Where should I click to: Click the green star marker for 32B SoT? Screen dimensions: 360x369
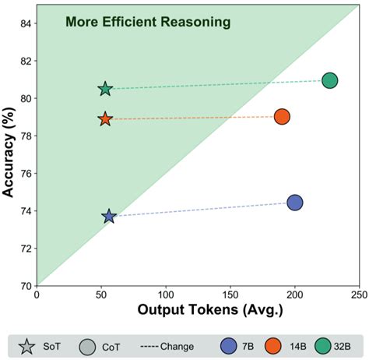[106, 89]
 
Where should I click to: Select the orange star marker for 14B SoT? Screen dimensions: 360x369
[105, 119]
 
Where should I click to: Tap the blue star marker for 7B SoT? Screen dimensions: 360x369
[109, 216]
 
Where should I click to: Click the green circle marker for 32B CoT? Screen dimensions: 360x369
[329, 80]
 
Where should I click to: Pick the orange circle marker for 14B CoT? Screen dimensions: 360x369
[282, 116]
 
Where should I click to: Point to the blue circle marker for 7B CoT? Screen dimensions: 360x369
[295, 203]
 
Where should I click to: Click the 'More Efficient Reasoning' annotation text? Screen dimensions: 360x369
[147, 22]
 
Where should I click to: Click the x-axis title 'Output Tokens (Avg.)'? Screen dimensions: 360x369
[199, 310]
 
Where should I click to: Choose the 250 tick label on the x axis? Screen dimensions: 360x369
[359, 295]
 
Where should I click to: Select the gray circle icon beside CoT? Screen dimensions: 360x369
[87, 346]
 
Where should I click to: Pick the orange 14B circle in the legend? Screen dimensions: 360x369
[275, 346]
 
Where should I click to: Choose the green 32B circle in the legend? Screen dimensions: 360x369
[324, 346]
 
